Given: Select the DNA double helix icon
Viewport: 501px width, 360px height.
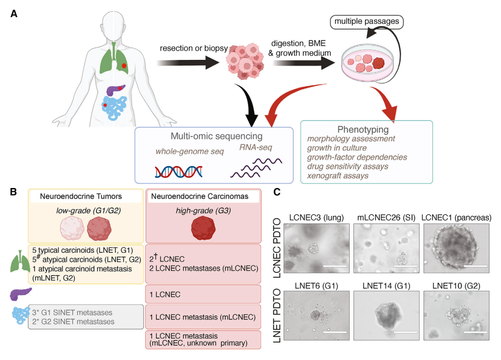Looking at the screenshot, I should click(179, 171).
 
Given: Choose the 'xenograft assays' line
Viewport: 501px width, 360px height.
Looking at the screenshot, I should click(338, 175).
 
